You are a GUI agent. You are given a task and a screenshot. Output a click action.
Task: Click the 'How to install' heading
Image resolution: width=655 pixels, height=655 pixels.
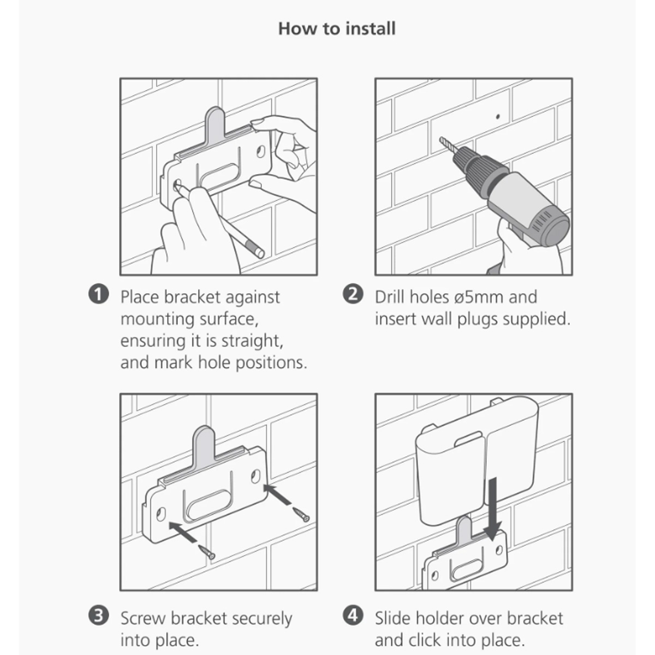[337, 28]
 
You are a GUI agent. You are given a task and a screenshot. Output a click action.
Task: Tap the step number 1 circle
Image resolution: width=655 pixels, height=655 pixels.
[99, 294]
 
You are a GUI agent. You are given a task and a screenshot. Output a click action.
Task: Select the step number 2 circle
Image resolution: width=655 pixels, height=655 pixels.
[353, 294]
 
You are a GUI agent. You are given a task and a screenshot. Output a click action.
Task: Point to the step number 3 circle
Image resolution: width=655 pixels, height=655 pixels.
[99, 616]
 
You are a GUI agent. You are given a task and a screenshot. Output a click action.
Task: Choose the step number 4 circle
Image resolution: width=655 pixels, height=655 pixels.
[353, 616]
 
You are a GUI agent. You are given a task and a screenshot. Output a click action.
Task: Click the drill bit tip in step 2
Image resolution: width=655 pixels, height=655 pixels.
[441, 139]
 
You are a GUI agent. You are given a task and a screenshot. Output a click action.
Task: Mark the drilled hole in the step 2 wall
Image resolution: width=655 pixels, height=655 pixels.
[498, 117]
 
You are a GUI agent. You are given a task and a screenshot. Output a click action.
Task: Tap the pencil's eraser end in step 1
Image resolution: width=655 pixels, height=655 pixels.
[259, 253]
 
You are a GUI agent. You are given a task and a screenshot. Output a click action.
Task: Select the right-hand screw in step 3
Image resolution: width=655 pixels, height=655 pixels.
[301, 514]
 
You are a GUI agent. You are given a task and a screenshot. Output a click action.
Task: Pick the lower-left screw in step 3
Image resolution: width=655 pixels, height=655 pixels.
[207, 551]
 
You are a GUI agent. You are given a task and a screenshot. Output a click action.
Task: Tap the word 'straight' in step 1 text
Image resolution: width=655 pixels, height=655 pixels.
[252, 341]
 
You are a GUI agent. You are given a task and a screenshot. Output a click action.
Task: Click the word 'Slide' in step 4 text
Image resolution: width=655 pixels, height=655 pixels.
[392, 618]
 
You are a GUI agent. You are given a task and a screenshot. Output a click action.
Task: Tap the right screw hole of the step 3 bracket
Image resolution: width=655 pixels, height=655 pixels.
[255, 476]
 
